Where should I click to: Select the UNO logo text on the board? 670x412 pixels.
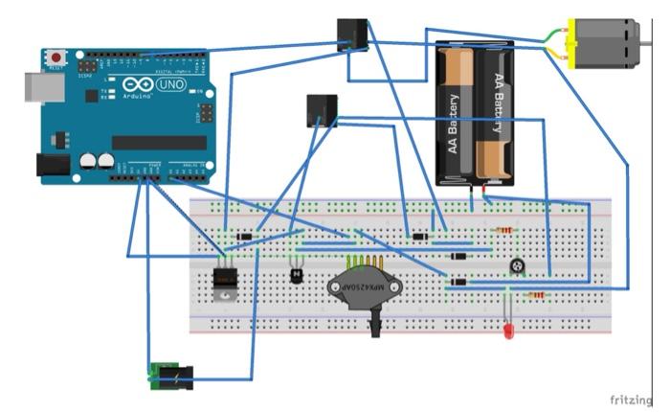(x=169, y=85)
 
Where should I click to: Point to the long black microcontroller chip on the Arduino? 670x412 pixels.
(x=158, y=142)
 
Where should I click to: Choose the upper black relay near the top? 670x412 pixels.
(x=352, y=34)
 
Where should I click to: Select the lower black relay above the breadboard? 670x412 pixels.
(x=322, y=110)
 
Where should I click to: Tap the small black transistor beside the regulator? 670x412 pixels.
(x=297, y=275)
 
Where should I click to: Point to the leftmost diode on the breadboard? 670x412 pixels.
(x=245, y=237)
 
